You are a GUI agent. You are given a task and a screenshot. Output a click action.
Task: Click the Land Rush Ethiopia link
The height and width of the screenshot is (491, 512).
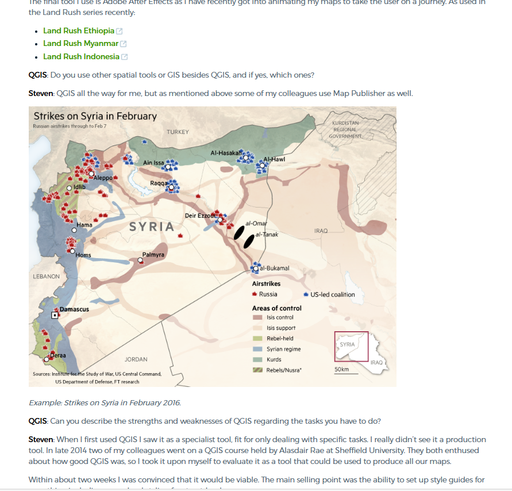[79, 30]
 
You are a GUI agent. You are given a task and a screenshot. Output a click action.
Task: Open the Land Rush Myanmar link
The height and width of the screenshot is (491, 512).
[80, 44]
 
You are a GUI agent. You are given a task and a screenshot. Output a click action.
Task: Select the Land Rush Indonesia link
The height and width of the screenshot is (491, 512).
[81, 56]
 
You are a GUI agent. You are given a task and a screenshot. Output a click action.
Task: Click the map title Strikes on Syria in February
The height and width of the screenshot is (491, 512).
[95, 116]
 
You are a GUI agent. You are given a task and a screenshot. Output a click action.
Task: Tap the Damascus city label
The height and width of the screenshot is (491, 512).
[75, 309]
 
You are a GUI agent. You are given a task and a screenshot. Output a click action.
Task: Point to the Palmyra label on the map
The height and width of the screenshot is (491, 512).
[153, 254]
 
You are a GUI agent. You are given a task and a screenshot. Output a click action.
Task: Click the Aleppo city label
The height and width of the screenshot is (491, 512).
[103, 178]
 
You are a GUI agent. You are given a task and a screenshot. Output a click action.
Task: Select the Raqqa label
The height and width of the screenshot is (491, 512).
[158, 183]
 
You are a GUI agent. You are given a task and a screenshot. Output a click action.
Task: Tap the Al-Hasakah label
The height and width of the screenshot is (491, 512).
[225, 153]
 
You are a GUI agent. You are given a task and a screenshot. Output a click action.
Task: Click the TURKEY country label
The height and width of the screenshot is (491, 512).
[178, 132]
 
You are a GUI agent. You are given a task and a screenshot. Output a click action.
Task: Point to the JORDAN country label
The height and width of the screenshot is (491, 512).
[136, 359]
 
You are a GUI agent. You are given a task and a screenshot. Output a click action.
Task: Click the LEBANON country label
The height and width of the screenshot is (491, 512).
[47, 277]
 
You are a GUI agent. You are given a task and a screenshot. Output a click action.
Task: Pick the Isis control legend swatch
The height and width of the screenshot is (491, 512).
[257, 317]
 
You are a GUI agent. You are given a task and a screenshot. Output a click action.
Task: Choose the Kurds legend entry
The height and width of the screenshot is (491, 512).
[274, 359]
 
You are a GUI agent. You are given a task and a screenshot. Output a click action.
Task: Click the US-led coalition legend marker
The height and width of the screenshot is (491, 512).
[306, 294]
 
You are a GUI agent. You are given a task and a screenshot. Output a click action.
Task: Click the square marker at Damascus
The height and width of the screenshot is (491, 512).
[55, 315]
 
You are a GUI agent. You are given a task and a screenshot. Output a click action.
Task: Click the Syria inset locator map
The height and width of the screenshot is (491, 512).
[351, 346]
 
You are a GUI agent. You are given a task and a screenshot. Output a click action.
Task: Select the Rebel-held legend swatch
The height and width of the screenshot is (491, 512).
[257, 338]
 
